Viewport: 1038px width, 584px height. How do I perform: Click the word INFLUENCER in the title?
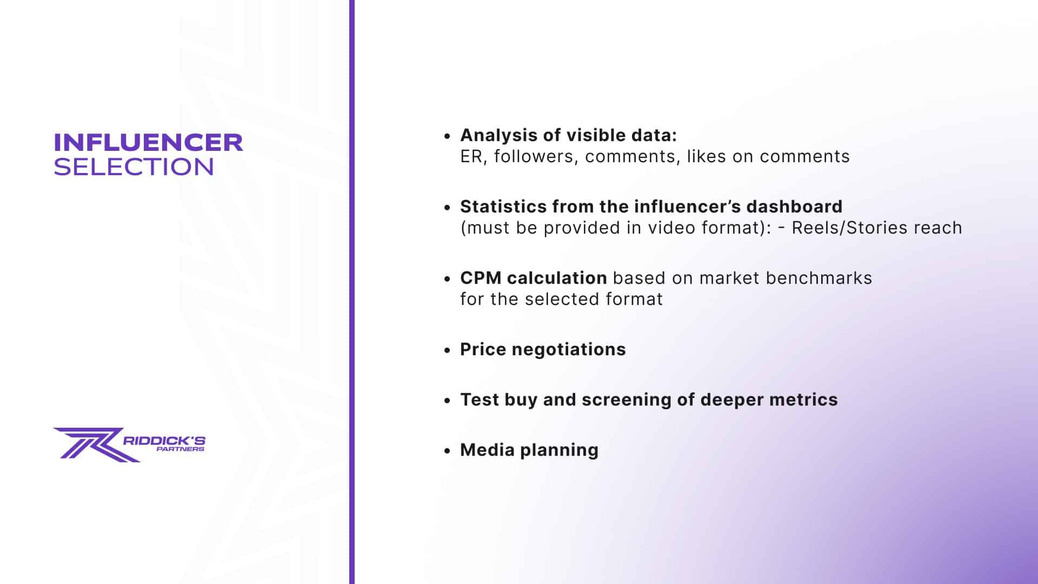click(x=148, y=142)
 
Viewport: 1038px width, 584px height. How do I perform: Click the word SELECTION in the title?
click(x=134, y=167)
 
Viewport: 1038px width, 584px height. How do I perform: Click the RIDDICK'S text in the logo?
click(x=164, y=440)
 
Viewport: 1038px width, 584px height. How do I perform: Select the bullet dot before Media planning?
click(x=447, y=450)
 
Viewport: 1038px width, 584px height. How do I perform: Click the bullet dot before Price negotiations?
click(x=447, y=350)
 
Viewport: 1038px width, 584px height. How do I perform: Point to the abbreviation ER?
click(x=471, y=156)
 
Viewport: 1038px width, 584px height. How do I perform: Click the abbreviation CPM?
click(x=481, y=278)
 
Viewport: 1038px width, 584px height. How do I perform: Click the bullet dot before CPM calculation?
click(x=447, y=278)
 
